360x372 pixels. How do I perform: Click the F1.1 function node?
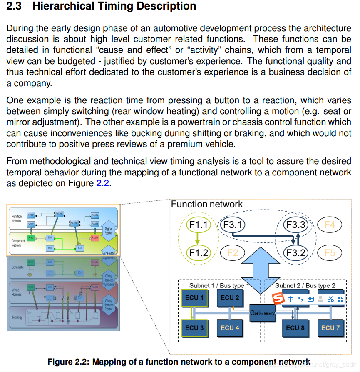[x=198, y=225]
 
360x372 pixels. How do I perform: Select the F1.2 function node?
[x=198, y=252]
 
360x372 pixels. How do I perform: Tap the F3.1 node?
[x=232, y=225]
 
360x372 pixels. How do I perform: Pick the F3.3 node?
[x=296, y=225]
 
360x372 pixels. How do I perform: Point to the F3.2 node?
[x=296, y=252]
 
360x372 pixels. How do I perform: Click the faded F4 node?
[x=329, y=225]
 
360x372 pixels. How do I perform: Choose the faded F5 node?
[x=329, y=252]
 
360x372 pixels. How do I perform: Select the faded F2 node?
[x=232, y=252]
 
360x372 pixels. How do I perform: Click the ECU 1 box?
[x=194, y=297]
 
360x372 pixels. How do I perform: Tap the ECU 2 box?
[x=230, y=297]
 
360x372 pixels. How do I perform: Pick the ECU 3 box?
[x=194, y=327]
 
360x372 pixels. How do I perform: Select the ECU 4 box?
[x=230, y=327]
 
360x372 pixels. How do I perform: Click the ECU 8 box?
[x=295, y=327]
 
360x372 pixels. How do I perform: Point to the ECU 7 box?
[x=330, y=327]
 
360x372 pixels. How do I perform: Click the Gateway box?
[x=262, y=312]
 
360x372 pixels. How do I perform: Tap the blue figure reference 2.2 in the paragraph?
[x=102, y=184]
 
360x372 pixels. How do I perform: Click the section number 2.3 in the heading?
[x=16, y=6]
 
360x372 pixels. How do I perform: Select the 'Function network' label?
[x=206, y=204]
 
